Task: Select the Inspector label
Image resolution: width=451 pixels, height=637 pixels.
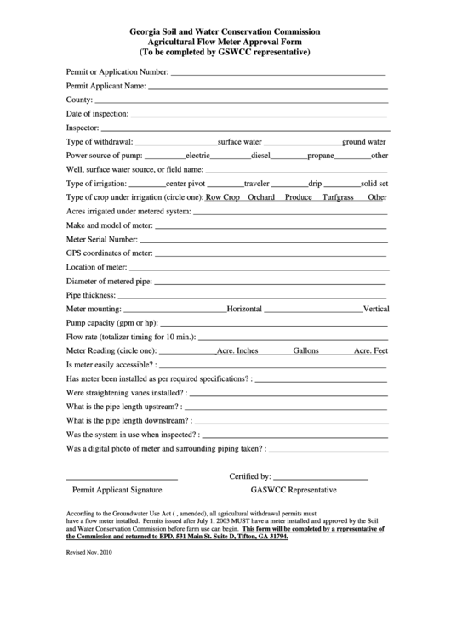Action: tap(83, 128)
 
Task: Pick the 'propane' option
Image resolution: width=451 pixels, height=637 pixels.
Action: tap(321, 156)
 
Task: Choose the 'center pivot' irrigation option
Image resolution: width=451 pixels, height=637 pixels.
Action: tap(186, 183)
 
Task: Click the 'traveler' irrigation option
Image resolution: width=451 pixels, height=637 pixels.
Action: tap(257, 183)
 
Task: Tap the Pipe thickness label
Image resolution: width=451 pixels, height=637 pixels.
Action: tap(90, 295)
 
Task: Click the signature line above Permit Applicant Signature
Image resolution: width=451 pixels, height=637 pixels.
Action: tap(122, 480)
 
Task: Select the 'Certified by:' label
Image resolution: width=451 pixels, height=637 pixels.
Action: tap(250, 476)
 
